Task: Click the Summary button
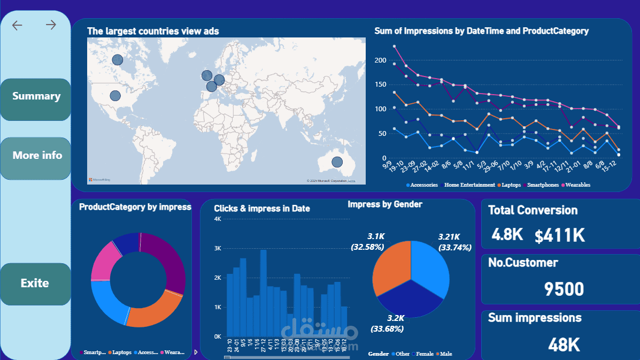pyautogui.click(x=36, y=97)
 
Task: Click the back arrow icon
pyautogui.click(x=17, y=25)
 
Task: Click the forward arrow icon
pyautogui.click(x=51, y=25)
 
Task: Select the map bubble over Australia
pyautogui.click(x=337, y=162)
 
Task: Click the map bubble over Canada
pyautogui.click(x=117, y=60)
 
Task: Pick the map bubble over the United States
pyautogui.click(x=115, y=96)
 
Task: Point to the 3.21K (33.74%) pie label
pyautogui.click(x=454, y=242)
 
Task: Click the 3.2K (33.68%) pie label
pyautogui.click(x=388, y=324)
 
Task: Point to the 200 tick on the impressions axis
pyautogui.click(x=380, y=60)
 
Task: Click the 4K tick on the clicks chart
pyautogui.click(x=218, y=219)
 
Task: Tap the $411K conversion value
pyautogui.click(x=560, y=235)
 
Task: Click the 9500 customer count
pyautogui.click(x=564, y=289)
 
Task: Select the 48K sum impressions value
pyautogui.click(x=564, y=345)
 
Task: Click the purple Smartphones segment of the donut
pyautogui.click(x=166, y=262)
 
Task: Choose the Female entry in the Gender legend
pyautogui.click(x=424, y=354)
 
